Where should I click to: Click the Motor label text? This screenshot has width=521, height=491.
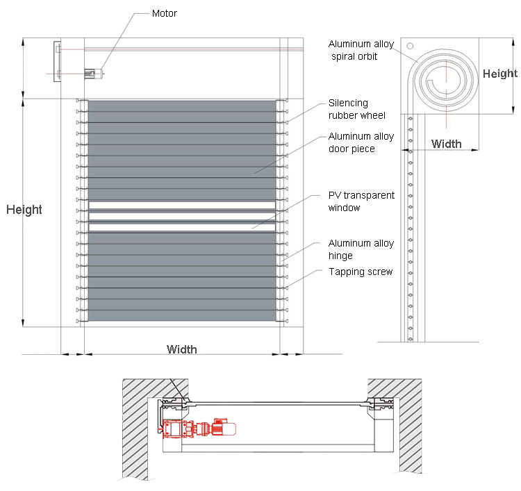(164, 13)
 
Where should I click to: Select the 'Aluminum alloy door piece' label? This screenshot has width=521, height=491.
(361, 142)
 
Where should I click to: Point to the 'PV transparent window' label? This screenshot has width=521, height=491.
(361, 201)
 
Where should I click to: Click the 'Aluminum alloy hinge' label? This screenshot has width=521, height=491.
(361, 249)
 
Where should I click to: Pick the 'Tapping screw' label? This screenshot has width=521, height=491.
(361, 272)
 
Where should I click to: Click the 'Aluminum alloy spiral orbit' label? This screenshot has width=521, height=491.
(361, 50)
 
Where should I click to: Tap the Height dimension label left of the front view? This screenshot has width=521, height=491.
(24, 210)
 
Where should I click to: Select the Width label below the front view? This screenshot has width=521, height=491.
(181, 349)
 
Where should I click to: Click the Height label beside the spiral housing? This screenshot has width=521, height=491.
(500, 74)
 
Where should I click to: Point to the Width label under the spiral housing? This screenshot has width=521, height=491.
(446, 144)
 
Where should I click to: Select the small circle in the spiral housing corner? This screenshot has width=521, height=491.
(411, 46)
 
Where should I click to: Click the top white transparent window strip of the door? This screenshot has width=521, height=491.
(182, 205)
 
